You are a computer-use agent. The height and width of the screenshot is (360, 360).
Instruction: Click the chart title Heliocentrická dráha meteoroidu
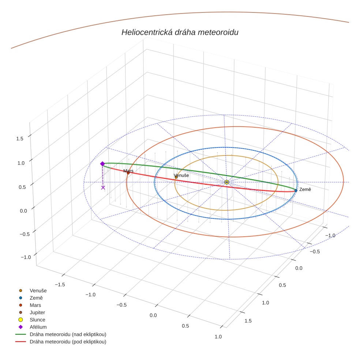point(180,33)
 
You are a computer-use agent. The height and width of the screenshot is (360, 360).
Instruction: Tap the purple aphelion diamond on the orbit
point(102,164)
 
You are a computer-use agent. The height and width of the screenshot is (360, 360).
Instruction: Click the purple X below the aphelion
point(103,187)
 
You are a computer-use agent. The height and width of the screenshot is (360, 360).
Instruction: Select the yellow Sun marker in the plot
point(227,182)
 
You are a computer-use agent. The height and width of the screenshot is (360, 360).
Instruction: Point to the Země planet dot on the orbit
point(296,190)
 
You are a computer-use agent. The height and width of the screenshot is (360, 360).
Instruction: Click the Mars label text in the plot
point(128,171)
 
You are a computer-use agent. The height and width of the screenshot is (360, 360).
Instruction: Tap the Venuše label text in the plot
point(181,176)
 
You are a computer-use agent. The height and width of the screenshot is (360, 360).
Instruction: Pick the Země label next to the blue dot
point(305,190)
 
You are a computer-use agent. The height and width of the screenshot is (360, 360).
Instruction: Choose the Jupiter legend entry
point(37,312)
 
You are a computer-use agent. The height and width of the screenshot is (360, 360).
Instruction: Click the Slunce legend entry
point(37,320)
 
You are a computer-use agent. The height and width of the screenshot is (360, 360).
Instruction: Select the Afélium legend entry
point(38,327)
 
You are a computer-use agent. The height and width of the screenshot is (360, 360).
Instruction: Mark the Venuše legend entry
point(38,290)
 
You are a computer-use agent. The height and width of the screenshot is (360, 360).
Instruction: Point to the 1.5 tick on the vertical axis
point(20,139)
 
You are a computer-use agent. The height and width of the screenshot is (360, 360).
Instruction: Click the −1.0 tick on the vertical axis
point(26,257)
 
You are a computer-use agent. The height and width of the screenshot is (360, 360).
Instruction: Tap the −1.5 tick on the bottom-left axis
point(60,284)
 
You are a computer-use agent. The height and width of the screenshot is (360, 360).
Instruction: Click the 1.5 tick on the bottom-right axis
point(248,321)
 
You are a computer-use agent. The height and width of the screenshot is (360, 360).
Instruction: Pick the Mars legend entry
point(35,305)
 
